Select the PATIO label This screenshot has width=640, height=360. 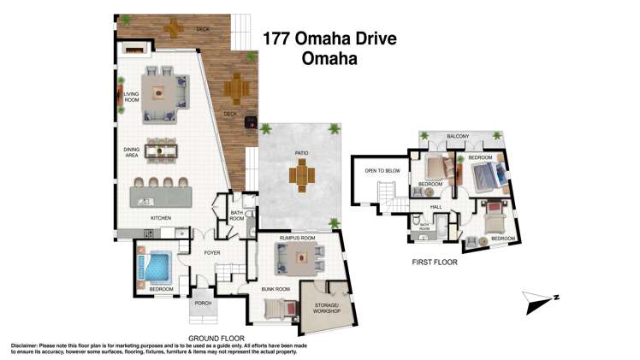pos(301,154)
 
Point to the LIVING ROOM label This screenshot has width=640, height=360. pos(131,97)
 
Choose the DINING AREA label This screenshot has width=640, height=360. pos(131,151)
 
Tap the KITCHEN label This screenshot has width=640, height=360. pos(162,218)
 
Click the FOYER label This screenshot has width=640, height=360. pos(212,252)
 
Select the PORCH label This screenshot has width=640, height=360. pos(203,303)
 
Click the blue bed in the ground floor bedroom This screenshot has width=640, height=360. pos(156,269)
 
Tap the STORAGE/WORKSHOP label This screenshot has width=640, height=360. pos(328,308)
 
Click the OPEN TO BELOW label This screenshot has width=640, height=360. pos(382,170)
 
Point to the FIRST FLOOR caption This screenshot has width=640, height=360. pos(434,263)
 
